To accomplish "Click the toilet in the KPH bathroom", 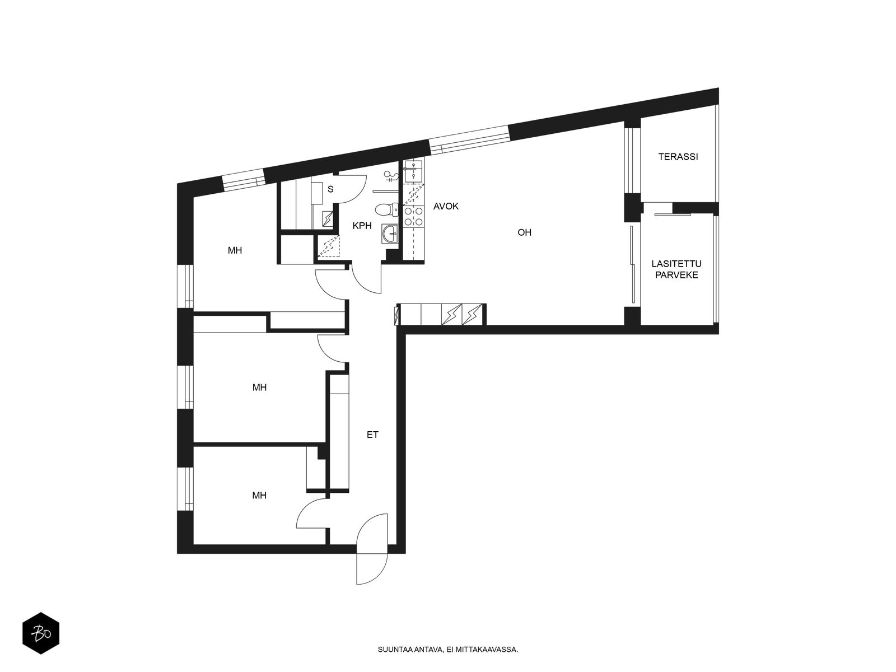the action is point(386,209).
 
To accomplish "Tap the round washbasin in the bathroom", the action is point(390,234).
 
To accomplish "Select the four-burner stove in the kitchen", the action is point(413,216).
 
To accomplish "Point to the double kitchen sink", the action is point(413,171).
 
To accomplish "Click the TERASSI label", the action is point(678,157).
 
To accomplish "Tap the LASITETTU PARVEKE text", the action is point(676,269).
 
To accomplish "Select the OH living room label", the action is point(525,232).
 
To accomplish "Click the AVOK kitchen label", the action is point(446,207).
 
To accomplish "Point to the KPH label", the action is point(362,226).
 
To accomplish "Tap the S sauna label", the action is point(330,189).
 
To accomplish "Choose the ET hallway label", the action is point(373,435).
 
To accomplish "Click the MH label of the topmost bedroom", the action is point(235,250).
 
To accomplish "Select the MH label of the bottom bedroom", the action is point(259,496).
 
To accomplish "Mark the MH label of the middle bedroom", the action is point(260,387).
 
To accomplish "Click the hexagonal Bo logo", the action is point(41,633).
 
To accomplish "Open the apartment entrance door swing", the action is point(371,549).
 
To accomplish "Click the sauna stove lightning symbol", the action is point(328,219).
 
